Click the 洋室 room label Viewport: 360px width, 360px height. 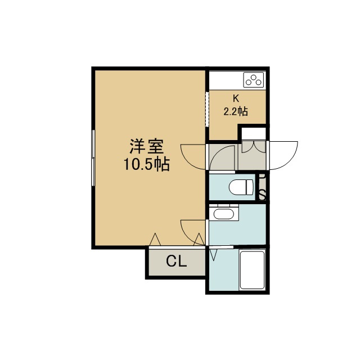pyautogui.click(x=147, y=146)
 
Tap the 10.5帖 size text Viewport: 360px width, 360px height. pyautogui.click(x=147, y=164)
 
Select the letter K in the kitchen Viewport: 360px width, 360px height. pyautogui.click(x=236, y=98)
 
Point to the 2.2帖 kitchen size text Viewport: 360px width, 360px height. pyautogui.click(x=236, y=111)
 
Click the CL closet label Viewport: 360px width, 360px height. pyautogui.click(x=177, y=261)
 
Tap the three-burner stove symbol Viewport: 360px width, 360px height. pyautogui.click(x=254, y=80)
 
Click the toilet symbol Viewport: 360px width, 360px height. pyautogui.click(x=241, y=187)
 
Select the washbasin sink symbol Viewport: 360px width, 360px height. pyautogui.click(x=224, y=214)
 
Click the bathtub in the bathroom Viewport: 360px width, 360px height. pyautogui.click(x=252, y=270)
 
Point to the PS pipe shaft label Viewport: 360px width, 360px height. pyautogui.click(x=262, y=187)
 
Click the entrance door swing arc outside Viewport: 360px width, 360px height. pyautogui.click(x=283, y=155)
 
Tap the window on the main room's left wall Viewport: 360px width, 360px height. pyautogui.click(x=93, y=157)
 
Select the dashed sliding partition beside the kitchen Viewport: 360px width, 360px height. pyautogui.click(x=207, y=109)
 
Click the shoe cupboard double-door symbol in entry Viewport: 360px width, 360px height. pyautogui.click(x=254, y=147)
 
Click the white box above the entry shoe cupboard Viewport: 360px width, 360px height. pyautogui.click(x=254, y=134)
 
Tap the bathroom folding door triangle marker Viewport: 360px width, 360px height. pyautogui.click(x=213, y=255)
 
